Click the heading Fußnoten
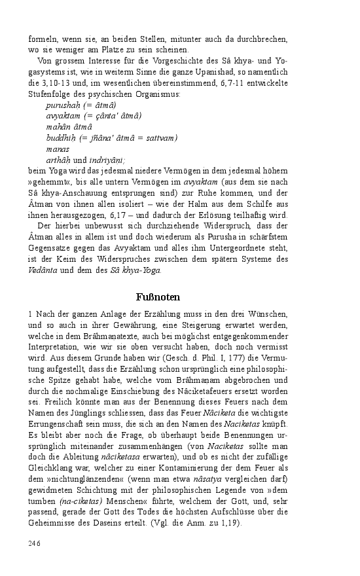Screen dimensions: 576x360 pos(158,297)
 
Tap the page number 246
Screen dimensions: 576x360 pos(34,543)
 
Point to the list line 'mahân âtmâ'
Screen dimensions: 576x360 pos(65,127)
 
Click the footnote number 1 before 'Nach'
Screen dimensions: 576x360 pos(30,315)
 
